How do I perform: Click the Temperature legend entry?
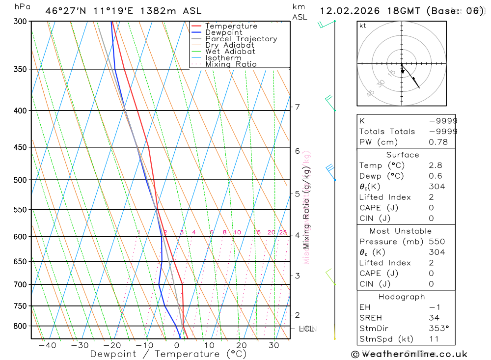click(231, 26)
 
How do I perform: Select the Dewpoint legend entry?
click(223, 32)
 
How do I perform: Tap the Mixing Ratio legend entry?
click(231, 64)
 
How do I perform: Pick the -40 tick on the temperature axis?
click(47, 345)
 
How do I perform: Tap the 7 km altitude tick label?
click(298, 107)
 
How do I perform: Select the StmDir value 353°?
click(438, 329)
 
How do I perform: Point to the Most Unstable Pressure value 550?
click(436, 242)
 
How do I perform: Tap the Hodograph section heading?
click(402, 297)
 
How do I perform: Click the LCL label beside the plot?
click(306, 328)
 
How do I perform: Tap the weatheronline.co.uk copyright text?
click(409, 354)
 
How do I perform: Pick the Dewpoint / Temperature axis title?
click(161, 354)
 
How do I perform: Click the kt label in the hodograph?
click(363, 26)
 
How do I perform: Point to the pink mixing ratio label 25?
click(283, 232)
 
